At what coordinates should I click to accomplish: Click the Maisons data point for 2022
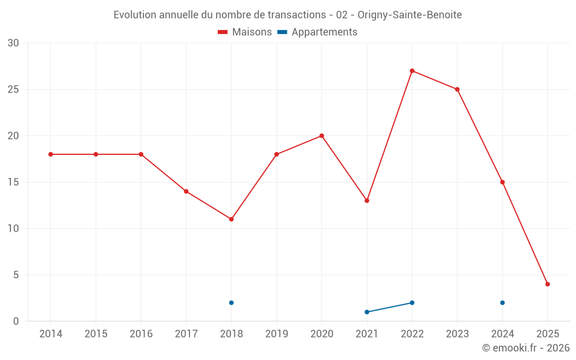(x=412, y=71)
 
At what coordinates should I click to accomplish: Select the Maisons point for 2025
(x=547, y=284)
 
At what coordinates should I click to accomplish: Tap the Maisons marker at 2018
(x=231, y=219)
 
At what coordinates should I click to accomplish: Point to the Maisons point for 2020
(x=321, y=136)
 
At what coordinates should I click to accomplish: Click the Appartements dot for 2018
(x=231, y=302)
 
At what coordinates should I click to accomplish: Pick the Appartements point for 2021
(x=367, y=312)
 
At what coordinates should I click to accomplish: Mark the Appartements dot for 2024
(x=502, y=302)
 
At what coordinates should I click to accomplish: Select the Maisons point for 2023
(x=457, y=89)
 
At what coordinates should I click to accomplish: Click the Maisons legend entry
(x=245, y=32)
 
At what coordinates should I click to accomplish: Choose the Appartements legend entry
(x=317, y=32)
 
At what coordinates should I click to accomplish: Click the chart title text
(x=287, y=15)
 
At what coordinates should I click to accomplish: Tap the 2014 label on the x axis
(x=51, y=334)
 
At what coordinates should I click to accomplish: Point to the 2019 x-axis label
(x=276, y=334)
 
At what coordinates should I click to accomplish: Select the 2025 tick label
(x=547, y=334)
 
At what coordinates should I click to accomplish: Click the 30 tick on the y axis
(x=13, y=43)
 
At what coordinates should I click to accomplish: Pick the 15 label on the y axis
(x=13, y=182)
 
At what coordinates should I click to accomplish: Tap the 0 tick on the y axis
(x=16, y=321)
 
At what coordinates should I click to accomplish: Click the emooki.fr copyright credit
(x=525, y=348)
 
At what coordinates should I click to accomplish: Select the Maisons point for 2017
(x=186, y=191)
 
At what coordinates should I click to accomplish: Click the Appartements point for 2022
(x=412, y=302)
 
